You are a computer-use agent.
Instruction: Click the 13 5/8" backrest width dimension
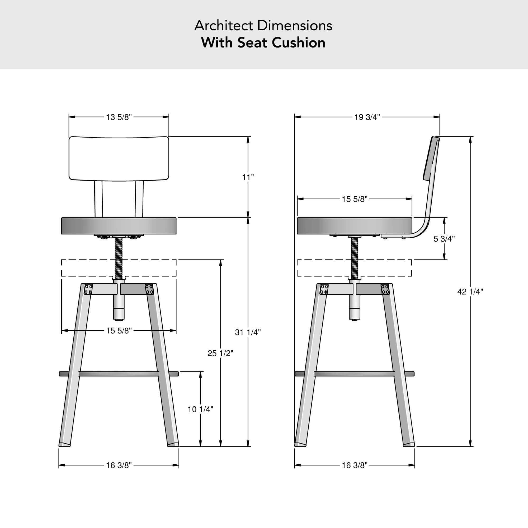tap(119, 117)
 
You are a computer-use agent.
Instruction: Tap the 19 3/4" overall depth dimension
tap(367, 117)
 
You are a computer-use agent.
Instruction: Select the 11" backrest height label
tap(248, 177)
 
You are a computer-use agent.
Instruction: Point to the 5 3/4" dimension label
tap(444, 239)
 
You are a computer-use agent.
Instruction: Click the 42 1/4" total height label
tap(470, 292)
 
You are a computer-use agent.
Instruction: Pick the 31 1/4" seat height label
tap(248, 332)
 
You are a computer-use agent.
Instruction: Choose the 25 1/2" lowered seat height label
tap(220, 353)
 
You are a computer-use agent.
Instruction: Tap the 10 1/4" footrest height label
tap(200, 409)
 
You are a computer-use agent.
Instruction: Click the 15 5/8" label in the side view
tap(355, 199)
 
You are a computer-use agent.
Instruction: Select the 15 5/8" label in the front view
tap(119, 331)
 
